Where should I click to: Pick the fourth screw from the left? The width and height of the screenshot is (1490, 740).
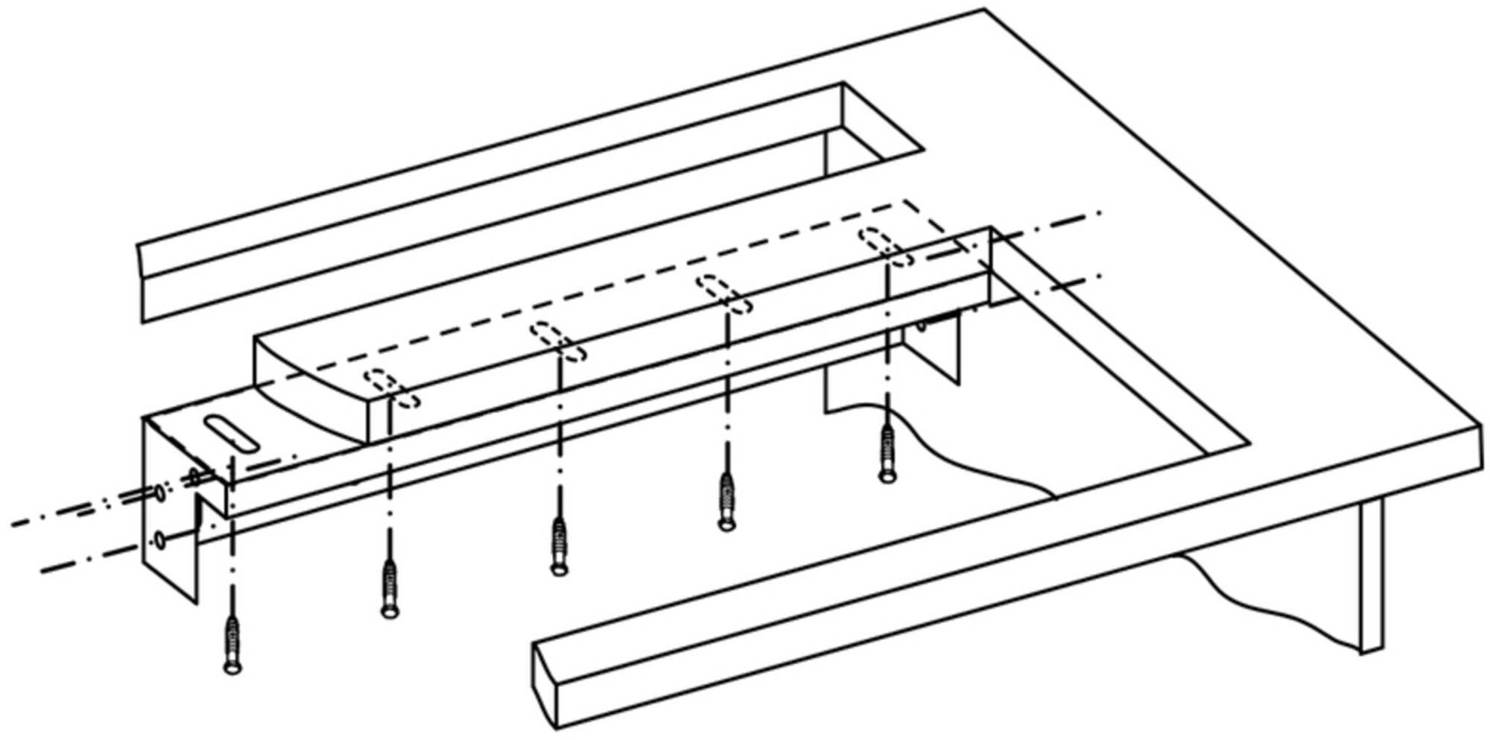coord(726,502)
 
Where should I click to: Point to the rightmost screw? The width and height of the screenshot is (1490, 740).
coord(887,454)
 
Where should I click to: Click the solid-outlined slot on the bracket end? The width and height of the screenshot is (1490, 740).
coord(232,433)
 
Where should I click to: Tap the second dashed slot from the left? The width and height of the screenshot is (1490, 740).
coord(558,341)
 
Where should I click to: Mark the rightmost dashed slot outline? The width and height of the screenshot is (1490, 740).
coord(886,247)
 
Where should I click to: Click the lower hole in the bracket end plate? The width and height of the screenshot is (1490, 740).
coord(160,538)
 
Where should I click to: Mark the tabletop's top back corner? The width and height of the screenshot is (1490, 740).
coord(984,10)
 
